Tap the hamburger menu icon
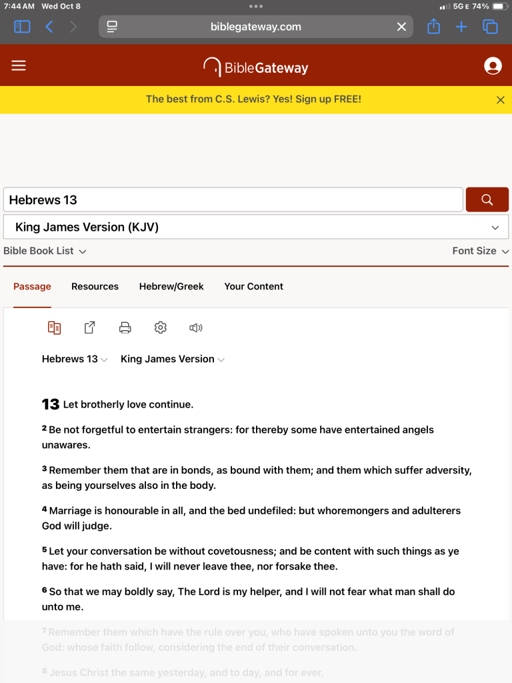(x=19, y=65)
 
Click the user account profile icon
(x=493, y=65)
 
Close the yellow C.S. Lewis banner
(x=501, y=99)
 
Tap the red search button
(x=487, y=199)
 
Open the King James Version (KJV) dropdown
(x=256, y=227)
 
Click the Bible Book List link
(x=45, y=251)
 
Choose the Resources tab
(x=95, y=286)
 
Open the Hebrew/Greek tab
(x=171, y=286)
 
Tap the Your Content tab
(x=253, y=286)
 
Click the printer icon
(x=125, y=327)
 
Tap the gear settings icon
(x=160, y=327)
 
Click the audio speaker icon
(x=195, y=327)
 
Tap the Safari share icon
(x=433, y=27)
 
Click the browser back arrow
(x=49, y=27)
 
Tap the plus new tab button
(x=461, y=27)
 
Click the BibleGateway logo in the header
(x=256, y=67)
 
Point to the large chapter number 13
(x=51, y=404)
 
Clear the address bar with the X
(x=401, y=27)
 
